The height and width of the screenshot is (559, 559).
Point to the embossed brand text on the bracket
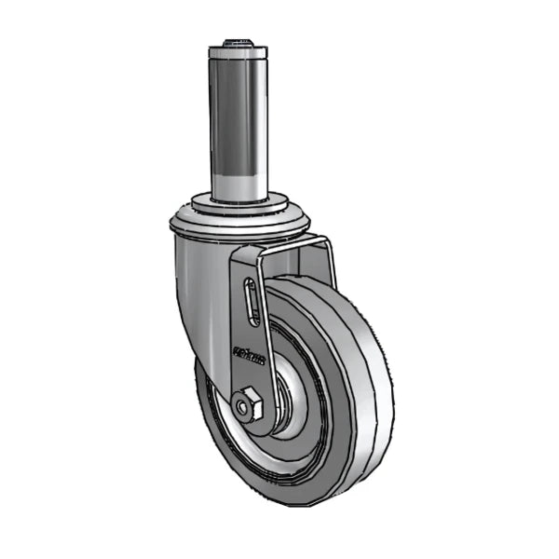coord(248,354)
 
